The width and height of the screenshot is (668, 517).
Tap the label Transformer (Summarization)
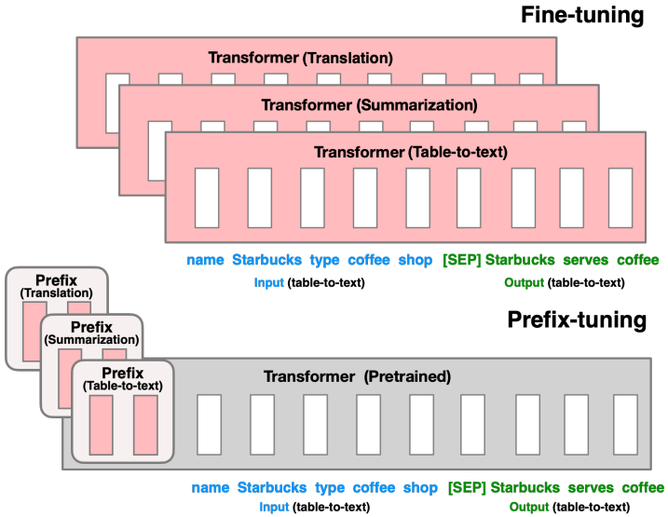coord(369,104)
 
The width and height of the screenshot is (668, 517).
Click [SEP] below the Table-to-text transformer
coord(462,260)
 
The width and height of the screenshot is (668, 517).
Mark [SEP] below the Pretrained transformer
coord(466,487)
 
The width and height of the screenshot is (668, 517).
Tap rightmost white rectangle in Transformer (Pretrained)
coord(624,423)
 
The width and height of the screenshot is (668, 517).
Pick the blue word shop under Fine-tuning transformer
coord(415,260)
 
